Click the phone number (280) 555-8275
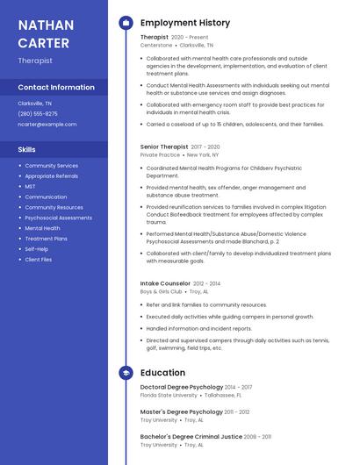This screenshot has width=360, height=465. click(38, 113)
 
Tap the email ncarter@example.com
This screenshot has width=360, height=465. click(47, 124)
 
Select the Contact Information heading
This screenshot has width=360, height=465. click(56, 87)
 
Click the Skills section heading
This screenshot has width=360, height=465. click(26, 149)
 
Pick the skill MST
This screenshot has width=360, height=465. click(31, 187)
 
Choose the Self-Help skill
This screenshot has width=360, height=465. click(37, 249)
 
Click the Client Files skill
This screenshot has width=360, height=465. click(39, 260)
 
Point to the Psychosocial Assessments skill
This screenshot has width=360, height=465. click(58, 218)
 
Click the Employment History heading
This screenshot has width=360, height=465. click(185, 23)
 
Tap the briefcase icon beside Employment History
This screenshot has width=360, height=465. click(126, 23)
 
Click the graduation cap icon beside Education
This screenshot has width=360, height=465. click(126, 373)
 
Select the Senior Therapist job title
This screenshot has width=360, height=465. click(164, 147)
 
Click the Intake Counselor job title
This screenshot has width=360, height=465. click(165, 283)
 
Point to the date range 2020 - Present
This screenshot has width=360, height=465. click(190, 38)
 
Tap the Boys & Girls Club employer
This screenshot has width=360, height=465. click(162, 291)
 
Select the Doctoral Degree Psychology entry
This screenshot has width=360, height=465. click(181, 387)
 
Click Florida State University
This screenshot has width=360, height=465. click(169, 395)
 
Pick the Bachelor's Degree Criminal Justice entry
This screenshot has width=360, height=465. click(191, 436)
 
